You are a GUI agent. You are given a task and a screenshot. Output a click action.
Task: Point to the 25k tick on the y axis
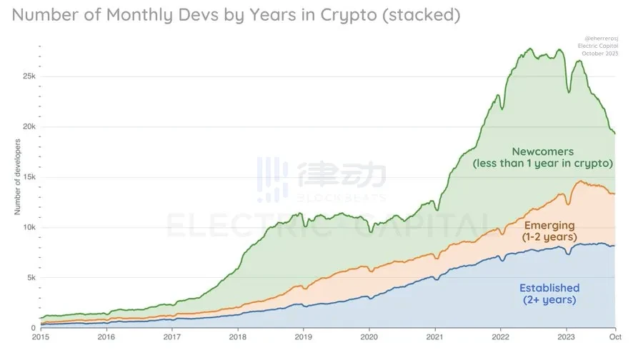click(x=27, y=76)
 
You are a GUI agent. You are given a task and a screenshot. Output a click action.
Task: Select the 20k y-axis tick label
click(x=27, y=126)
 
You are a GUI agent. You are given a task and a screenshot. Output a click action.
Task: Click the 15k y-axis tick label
click(x=27, y=177)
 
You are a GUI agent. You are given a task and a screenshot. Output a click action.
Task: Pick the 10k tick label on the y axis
click(x=27, y=227)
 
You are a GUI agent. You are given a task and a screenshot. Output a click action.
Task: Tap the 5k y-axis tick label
click(x=29, y=278)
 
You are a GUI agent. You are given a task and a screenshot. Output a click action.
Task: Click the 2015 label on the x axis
click(x=41, y=336)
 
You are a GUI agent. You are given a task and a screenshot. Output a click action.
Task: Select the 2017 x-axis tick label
click(x=171, y=336)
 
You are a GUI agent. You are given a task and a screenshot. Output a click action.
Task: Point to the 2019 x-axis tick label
click(x=303, y=336)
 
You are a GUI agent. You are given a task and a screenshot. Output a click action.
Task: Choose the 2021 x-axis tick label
click(x=434, y=336)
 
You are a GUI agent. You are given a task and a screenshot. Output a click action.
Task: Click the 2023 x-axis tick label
click(x=566, y=336)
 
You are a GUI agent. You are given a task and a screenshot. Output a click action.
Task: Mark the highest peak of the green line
click(x=529, y=49)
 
